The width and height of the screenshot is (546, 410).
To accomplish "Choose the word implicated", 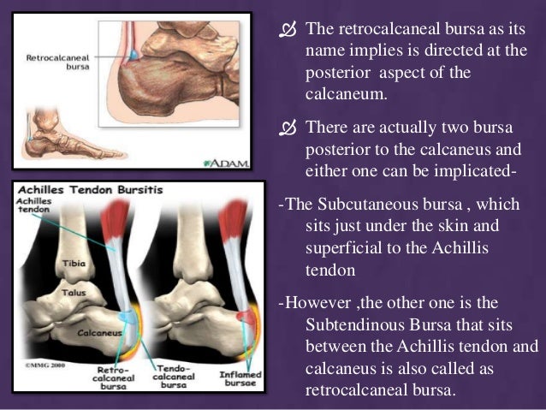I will click(x=472, y=175).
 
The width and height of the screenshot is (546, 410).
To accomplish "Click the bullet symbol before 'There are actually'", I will click(x=287, y=128).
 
